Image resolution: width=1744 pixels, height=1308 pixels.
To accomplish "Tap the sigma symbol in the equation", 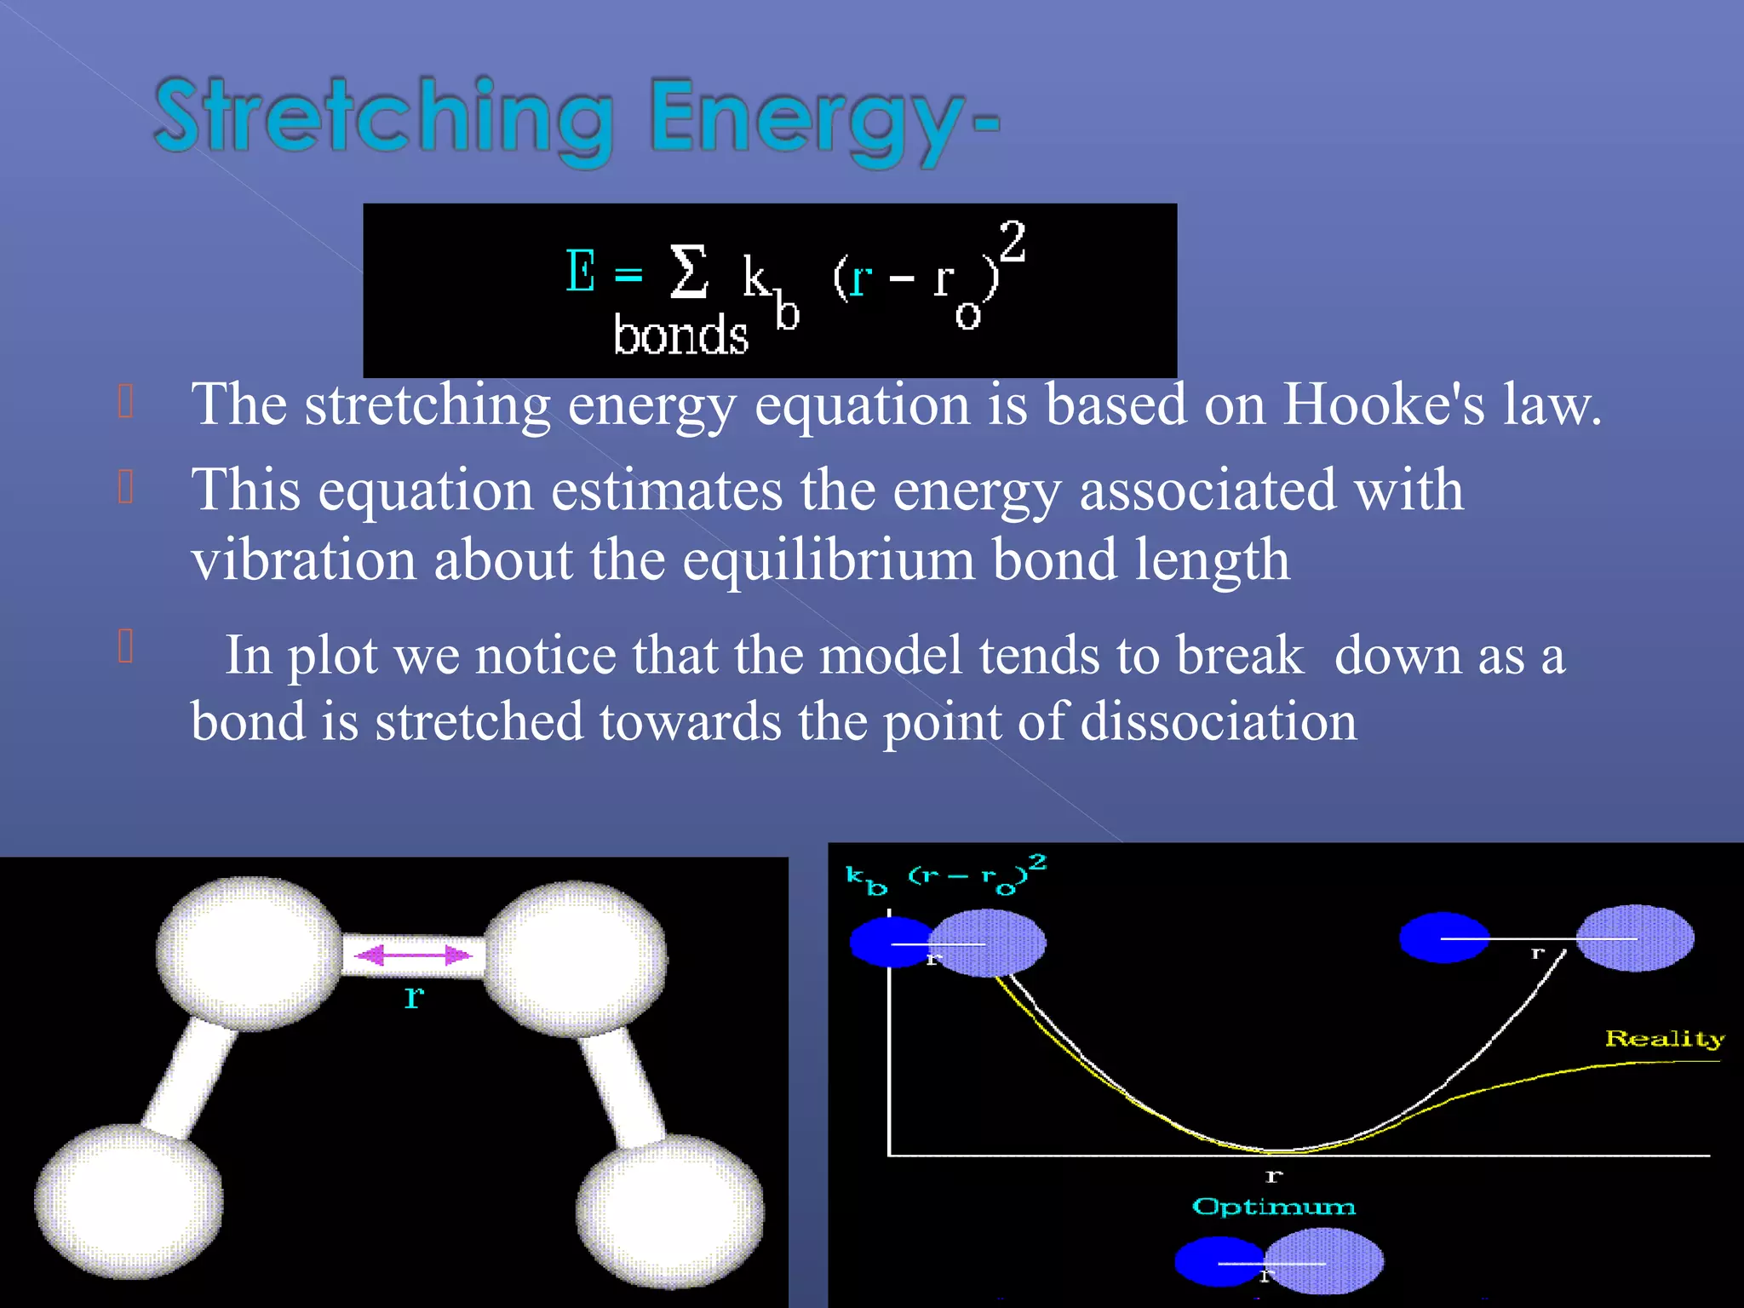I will tap(688, 272).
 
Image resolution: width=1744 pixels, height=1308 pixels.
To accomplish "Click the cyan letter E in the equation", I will tap(581, 272).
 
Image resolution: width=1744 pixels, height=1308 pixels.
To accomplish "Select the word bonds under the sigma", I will tap(680, 335).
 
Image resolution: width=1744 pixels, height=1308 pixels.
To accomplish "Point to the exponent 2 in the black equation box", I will tap(1012, 241).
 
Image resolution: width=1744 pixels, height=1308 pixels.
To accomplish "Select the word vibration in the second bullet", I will tap(304, 560).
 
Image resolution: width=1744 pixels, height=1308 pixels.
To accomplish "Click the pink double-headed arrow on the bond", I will tap(413, 955).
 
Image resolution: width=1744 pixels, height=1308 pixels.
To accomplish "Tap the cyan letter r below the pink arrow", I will tap(414, 995).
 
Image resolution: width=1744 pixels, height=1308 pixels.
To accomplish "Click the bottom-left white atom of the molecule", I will tap(129, 1201).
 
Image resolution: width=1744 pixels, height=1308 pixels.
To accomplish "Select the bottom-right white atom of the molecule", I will tap(670, 1211).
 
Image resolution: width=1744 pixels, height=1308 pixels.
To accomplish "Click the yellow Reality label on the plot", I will tap(1664, 1039).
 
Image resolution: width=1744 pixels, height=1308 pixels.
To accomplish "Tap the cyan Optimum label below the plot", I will tap(1274, 1207).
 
